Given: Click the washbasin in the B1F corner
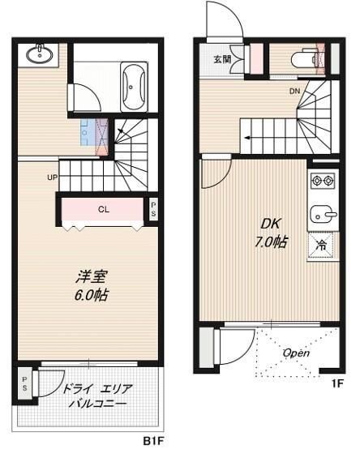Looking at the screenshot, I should coord(37,55).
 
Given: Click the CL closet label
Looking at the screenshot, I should coord(104,209).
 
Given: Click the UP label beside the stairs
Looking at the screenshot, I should coord(52,177).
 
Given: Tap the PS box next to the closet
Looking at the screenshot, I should coord(154,209).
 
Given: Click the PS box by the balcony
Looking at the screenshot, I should coord(25,382).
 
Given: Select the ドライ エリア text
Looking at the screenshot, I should coord(94,388).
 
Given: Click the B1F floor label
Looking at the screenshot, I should coord(154,440).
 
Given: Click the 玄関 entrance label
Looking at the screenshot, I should coord(222,59).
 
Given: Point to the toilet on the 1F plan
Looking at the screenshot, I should coord(309,58).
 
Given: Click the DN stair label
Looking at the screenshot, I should coord(295,91).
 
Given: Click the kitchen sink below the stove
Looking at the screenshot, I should coord(323,214).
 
